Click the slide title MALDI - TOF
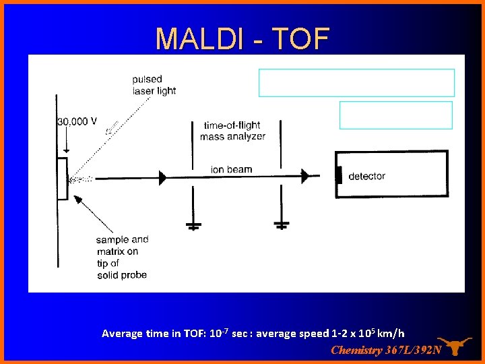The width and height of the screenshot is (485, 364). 242,38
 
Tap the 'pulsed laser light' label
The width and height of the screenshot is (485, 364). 154,85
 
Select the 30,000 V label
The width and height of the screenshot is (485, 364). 77,121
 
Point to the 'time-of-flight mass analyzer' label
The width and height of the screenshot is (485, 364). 232,131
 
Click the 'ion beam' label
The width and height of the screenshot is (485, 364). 231,169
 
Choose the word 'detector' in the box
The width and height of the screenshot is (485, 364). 366,176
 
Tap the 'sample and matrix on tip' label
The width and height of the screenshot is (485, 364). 121,257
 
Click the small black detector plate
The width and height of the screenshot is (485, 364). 339,175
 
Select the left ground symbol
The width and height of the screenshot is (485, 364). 193,226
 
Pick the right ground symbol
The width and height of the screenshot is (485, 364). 282,224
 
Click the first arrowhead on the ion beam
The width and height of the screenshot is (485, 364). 162,177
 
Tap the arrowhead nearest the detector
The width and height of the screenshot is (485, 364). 305,176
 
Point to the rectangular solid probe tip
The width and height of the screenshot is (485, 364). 62,179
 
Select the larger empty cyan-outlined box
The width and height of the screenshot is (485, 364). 356,83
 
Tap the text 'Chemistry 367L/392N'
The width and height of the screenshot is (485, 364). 386,350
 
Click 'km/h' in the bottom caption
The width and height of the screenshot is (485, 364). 391,333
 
